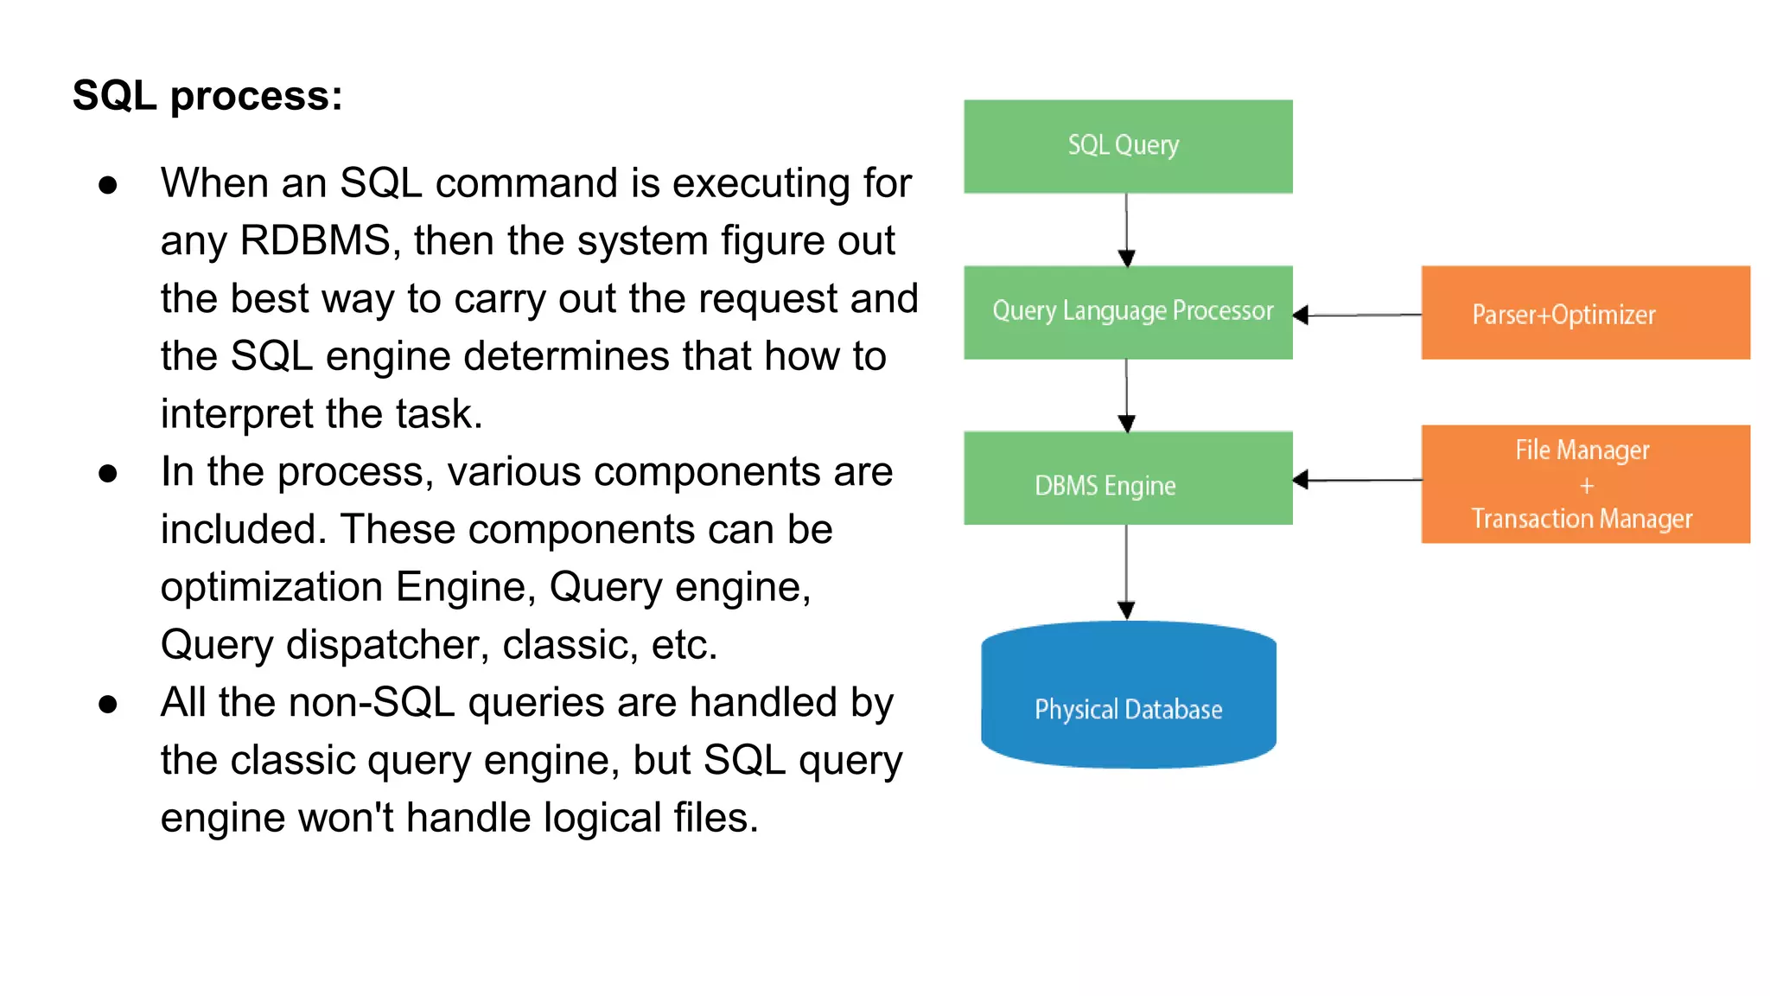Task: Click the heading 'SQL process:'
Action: coord(207,95)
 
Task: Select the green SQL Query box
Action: coord(1128,146)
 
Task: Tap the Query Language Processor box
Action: coord(1128,312)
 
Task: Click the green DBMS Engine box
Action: coord(1128,478)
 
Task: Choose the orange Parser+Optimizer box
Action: coord(1585,313)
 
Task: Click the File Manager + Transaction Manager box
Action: coord(1585,484)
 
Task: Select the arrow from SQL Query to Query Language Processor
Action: coord(1126,229)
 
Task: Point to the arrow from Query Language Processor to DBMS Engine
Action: coord(1126,395)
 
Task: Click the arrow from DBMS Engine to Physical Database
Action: coord(1126,571)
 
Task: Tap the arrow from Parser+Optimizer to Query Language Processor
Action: coord(1357,316)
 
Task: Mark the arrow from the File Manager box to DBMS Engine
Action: coord(1357,480)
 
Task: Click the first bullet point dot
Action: coord(108,185)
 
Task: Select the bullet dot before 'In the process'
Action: coord(108,474)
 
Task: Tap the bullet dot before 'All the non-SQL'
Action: coord(108,705)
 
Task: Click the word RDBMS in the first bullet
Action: coord(315,240)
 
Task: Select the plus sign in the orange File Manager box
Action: coord(1587,487)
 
